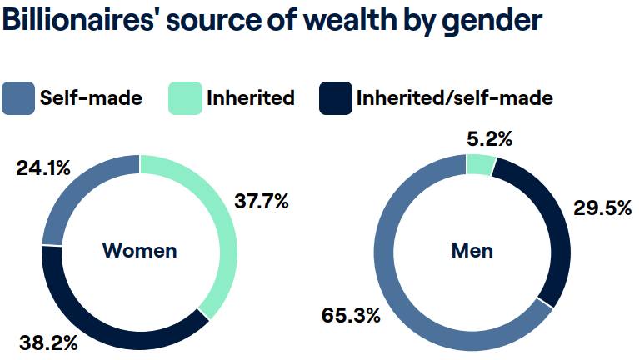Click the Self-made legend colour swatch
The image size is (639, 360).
click(18, 98)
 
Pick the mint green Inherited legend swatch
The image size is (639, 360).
click(186, 98)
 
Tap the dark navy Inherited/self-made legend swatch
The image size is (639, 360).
click(335, 98)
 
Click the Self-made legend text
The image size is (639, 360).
click(91, 98)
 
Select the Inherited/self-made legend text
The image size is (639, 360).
click(454, 98)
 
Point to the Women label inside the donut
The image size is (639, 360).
click(139, 250)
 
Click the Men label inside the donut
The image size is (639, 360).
click(472, 250)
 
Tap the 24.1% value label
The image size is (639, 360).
click(42, 169)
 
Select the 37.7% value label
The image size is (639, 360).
click(261, 201)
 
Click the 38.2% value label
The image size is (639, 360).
click(48, 342)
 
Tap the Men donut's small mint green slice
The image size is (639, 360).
click(482, 165)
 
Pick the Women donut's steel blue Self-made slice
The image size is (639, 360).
click(75, 192)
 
